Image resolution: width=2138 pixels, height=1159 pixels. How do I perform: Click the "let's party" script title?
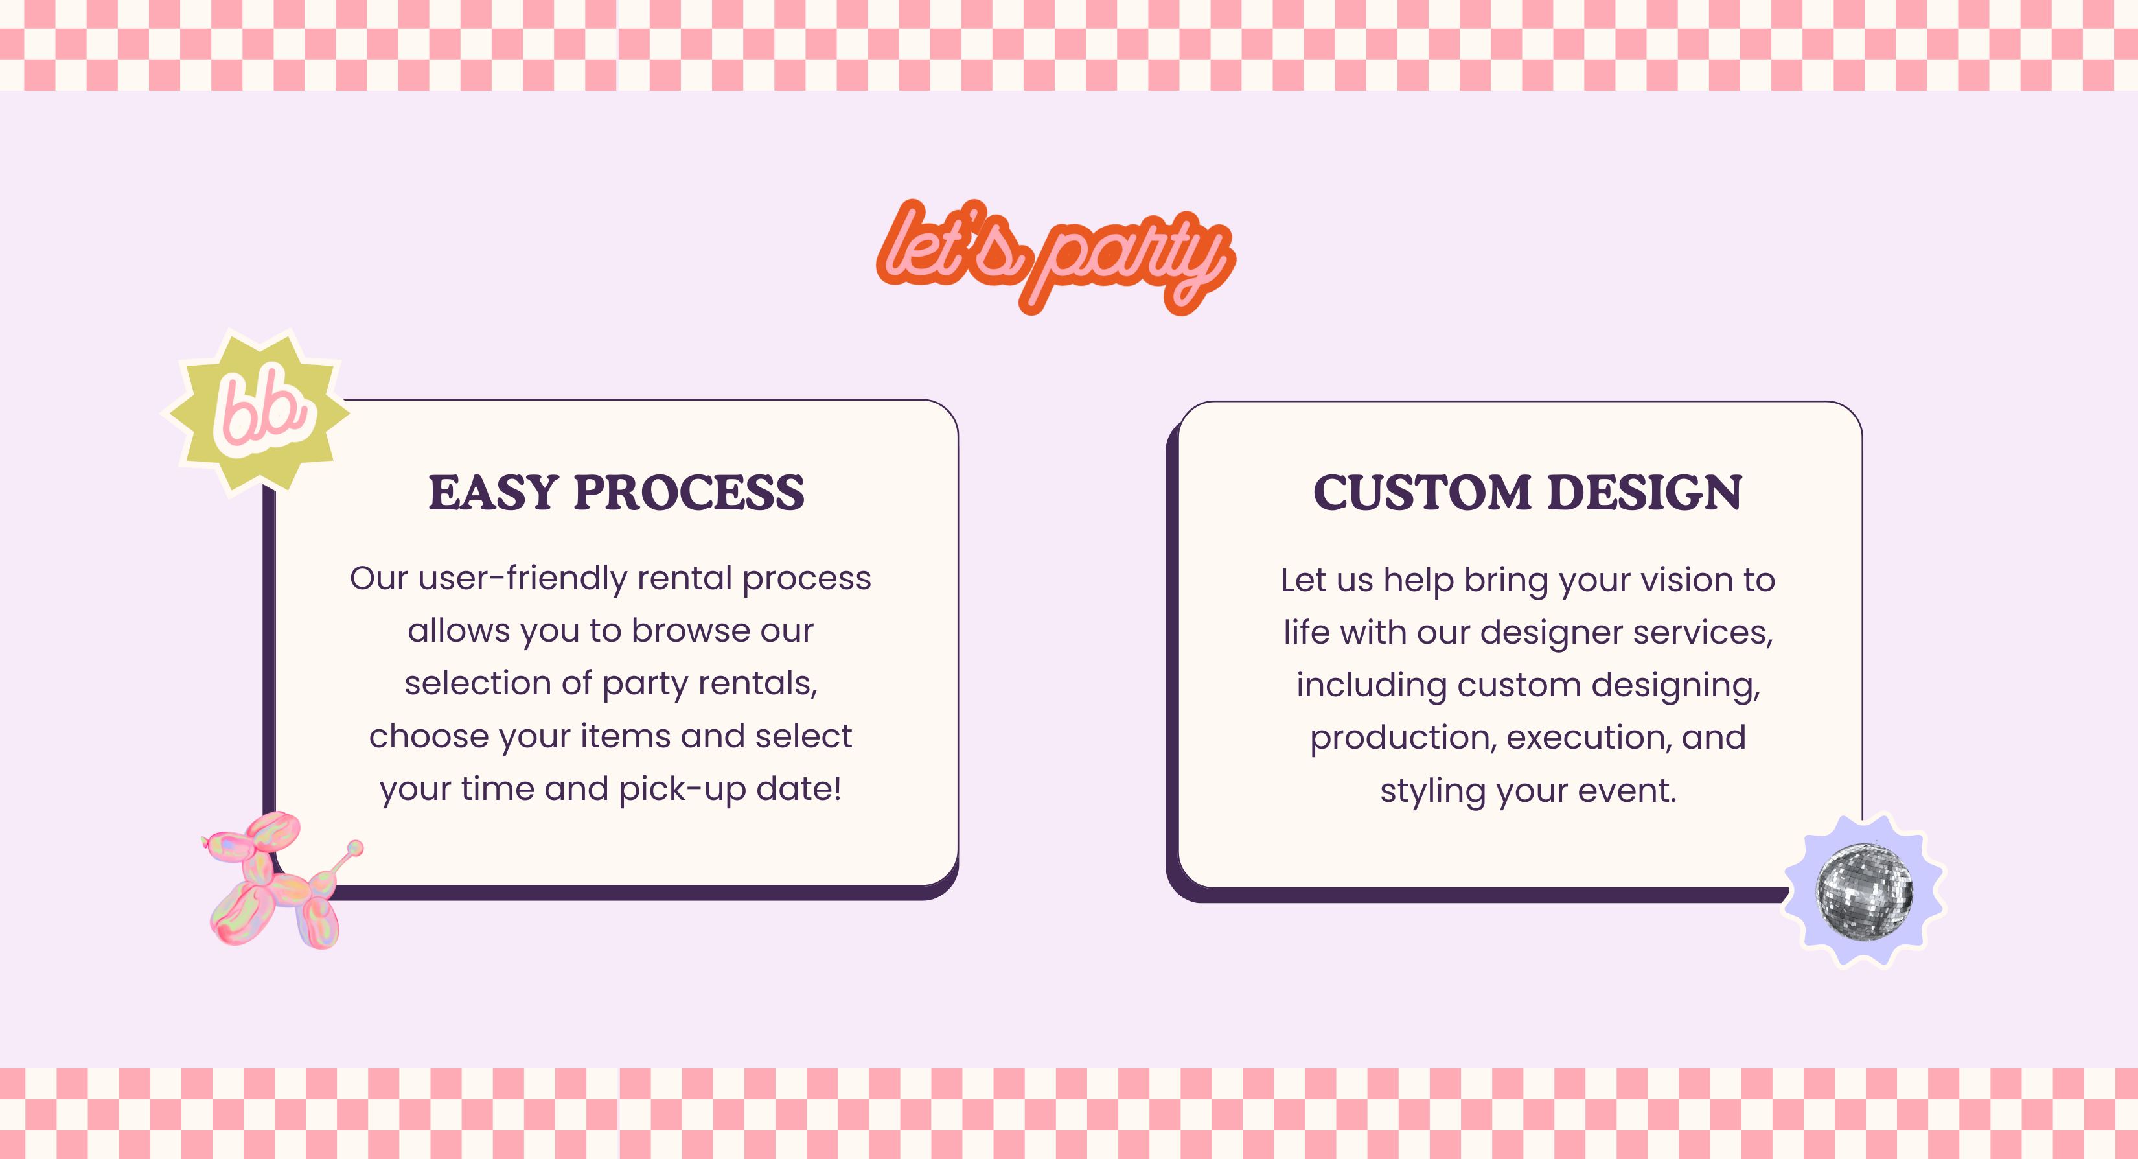[x=1056, y=255]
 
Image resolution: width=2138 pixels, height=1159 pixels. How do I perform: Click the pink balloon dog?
[x=278, y=881]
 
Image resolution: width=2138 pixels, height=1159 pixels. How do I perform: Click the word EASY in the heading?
[x=493, y=493]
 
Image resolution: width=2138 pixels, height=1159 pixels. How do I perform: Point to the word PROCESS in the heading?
[x=689, y=493]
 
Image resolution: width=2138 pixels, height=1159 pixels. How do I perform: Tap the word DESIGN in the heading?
[x=1645, y=493]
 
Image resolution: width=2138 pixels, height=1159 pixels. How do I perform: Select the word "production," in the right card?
[x=1403, y=739]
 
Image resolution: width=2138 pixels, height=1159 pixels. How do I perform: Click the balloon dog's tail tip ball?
[x=355, y=848]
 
